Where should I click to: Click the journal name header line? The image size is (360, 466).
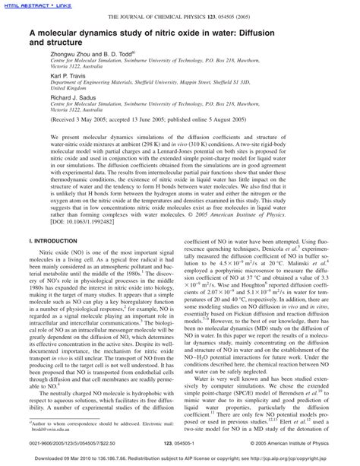point(179,17)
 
